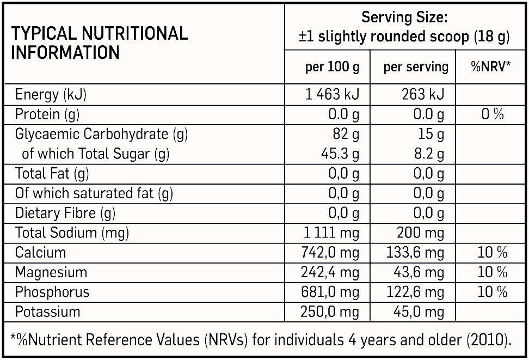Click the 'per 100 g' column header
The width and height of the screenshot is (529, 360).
pyautogui.click(x=332, y=68)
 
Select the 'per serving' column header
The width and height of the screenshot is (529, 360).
pyautogui.click(x=416, y=68)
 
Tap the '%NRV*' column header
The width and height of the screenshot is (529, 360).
pyautogui.click(x=491, y=67)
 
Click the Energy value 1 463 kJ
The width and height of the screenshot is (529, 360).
pyautogui.click(x=332, y=95)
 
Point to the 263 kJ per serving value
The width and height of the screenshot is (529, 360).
pyautogui.click(x=422, y=95)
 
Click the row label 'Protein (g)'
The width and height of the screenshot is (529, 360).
pyautogui.click(x=47, y=114)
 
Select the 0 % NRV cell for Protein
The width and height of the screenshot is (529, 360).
pyautogui.click(x=493, y=114)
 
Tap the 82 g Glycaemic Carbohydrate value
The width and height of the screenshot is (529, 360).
pyautogui.click(x=346, y=134)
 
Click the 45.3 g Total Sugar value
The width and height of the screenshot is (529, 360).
pyautogui.click(x=340, y=154)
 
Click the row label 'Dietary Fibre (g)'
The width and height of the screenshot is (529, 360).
pyautogui.click(x=65, y=213)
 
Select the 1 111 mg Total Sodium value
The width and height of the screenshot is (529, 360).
pyautogui.click(x=331, y=233)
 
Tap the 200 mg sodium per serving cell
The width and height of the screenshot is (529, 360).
pyautogui.click(x=420, y=233)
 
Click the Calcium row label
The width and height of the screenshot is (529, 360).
pyautogui.click(x=40, y=253)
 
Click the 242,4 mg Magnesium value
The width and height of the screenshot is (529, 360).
pyautogui.click(x=330, y=272)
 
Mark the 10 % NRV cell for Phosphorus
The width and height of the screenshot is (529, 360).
pyautogui.click(x=493, y=292)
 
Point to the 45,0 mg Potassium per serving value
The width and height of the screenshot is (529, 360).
pyautogui.click(x=418, y=312)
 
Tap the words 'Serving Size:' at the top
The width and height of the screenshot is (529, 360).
pyautogui.click(x=404, y=17)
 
